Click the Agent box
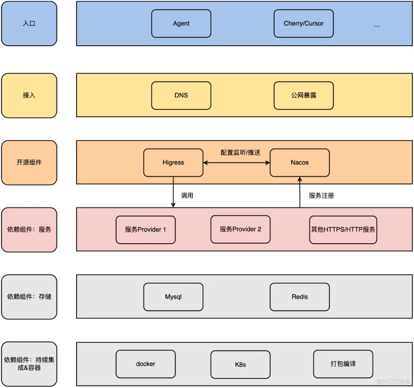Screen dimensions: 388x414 181,23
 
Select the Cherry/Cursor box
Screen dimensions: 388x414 303,23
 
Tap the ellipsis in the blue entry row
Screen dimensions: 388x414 376,25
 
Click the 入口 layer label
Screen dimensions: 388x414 29,23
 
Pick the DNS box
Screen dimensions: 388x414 181,95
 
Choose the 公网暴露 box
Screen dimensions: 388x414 303,95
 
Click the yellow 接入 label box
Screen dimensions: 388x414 29,95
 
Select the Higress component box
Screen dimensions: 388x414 173,162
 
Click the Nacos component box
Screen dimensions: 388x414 299,162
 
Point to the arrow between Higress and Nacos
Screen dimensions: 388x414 237,163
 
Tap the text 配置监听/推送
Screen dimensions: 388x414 240,152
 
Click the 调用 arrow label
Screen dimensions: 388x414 187,196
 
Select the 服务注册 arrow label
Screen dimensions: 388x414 321,196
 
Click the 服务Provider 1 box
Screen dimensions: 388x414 145,230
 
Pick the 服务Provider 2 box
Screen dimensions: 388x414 240,229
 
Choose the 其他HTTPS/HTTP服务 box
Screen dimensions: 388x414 343,230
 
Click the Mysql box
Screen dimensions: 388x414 173,297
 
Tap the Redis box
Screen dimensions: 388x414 299,297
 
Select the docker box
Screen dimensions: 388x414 145,364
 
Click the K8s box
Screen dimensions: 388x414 240,364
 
